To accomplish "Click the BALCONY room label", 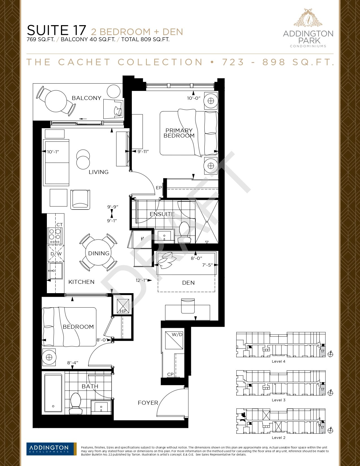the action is click(x=86, y=98).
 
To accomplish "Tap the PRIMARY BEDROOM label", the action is click(x=179, y=133).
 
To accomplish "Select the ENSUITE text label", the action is click(x=162, y=214).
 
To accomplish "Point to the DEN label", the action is click(x=188, y=283).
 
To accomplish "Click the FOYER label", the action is click(x=148, y=403).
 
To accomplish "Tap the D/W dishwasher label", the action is click(x=56, y=254).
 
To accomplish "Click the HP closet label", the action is click(x=123, y=311).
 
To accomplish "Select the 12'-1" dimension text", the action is click(x=141, y=280).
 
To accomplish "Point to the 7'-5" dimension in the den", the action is click(x=207, y=265).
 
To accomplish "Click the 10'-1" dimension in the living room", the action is click(x=53, y=152).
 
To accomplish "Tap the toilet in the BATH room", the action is click(x=76, y=403).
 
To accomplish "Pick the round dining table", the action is click(x=98, y=252).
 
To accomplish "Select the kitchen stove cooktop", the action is click(x=55, y=236).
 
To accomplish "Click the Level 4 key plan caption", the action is click(x=278, y=361).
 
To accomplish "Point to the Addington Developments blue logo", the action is click(x=51, y=449).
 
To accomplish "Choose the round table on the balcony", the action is click(x=56, y=101).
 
